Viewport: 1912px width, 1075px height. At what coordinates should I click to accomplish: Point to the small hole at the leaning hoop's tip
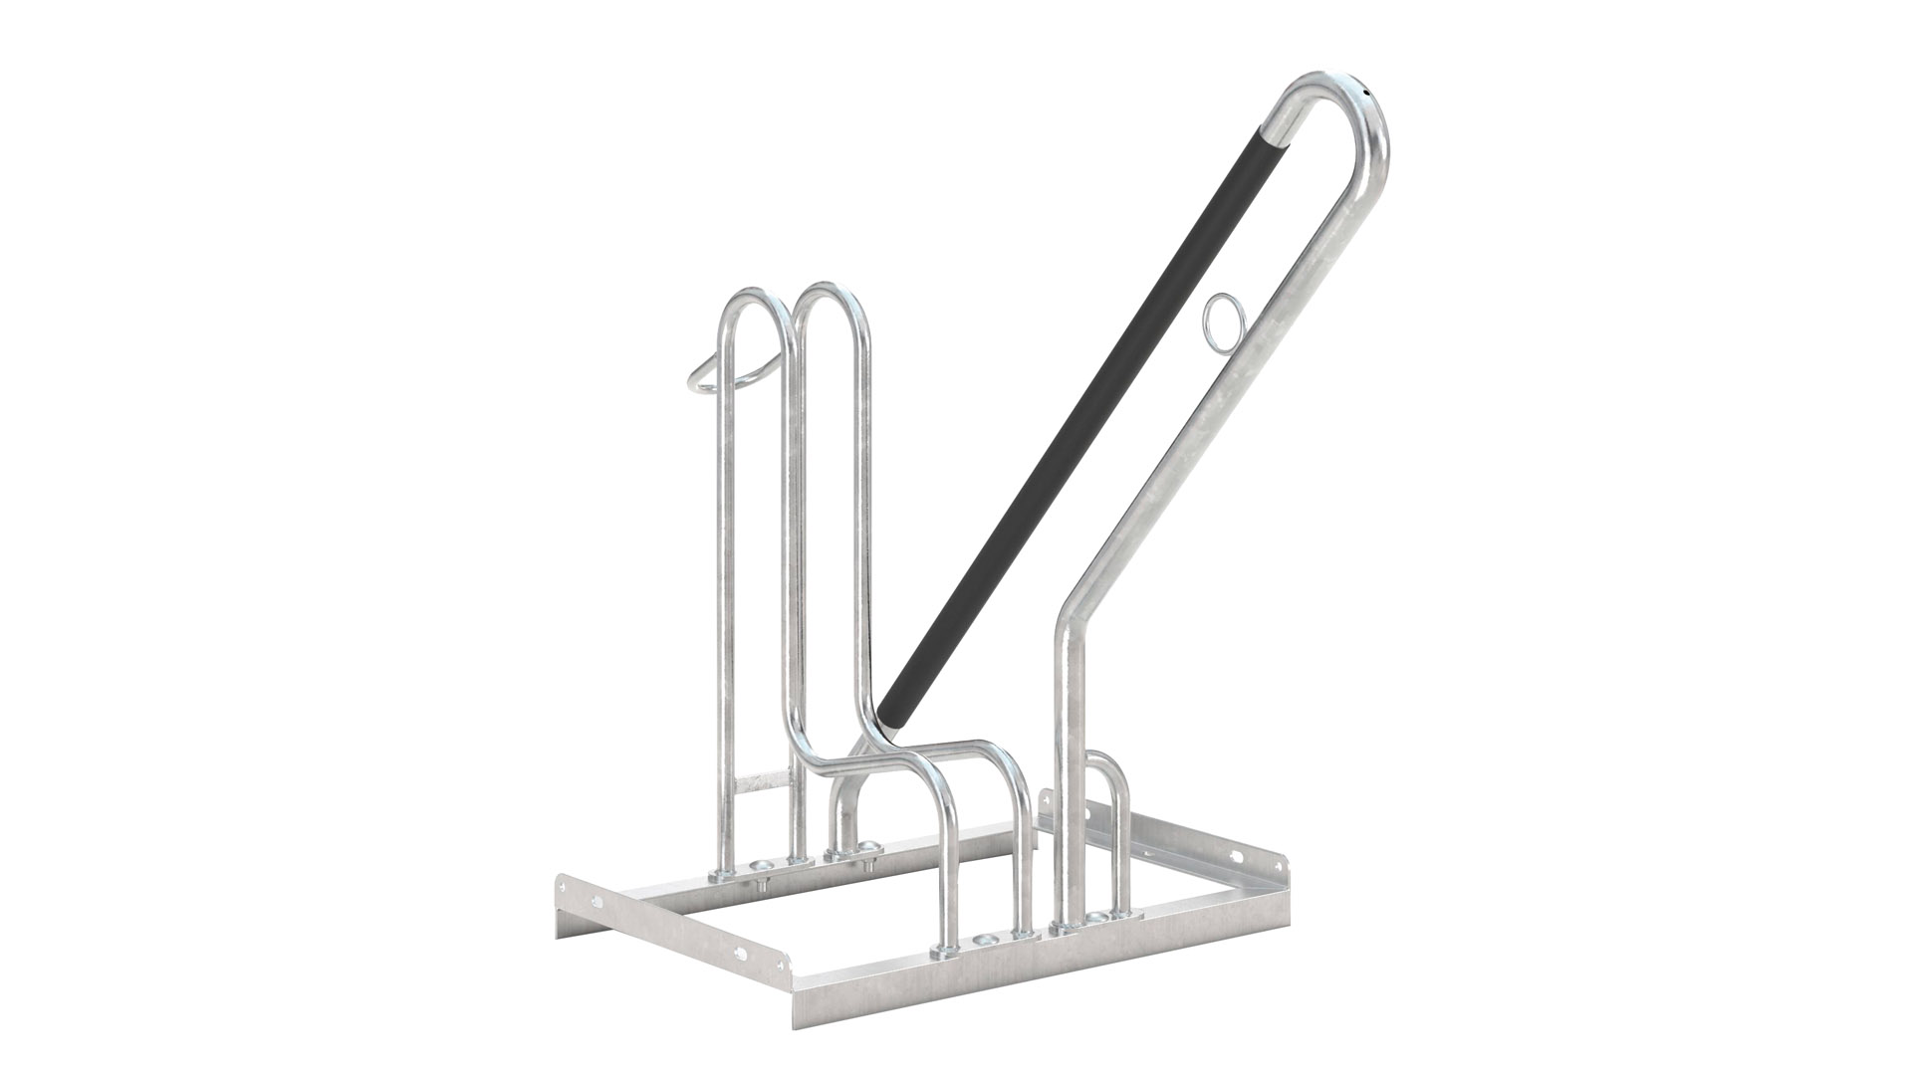coord(1369,92)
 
